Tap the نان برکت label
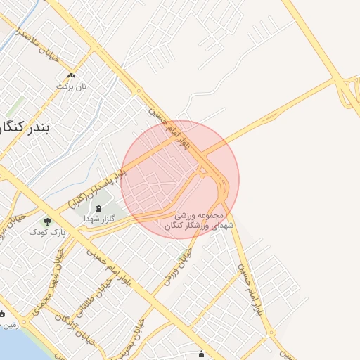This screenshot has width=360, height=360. [71, 86]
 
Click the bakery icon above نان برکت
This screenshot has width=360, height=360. [71, 76]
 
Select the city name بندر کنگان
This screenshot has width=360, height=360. [28, 128]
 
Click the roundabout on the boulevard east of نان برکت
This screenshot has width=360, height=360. [139, 91]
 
